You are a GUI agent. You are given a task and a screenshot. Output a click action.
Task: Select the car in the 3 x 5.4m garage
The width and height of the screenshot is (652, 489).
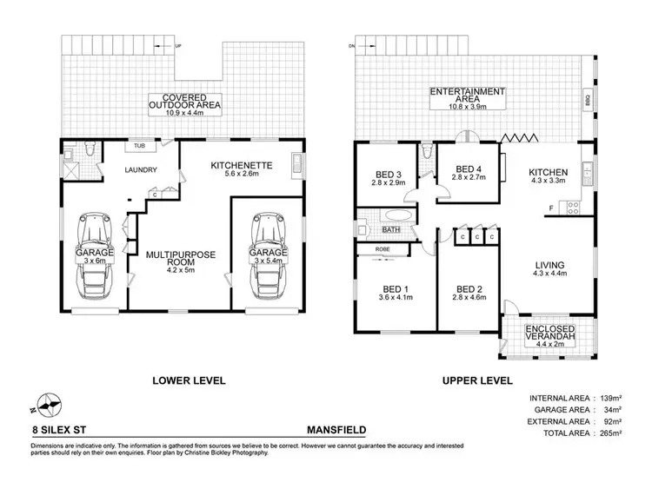266,254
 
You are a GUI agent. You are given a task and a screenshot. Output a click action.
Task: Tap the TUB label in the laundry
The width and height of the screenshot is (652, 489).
139,146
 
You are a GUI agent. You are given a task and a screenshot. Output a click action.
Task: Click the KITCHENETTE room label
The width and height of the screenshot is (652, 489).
243,164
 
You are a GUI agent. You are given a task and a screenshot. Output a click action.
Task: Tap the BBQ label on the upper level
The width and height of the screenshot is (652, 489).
588,102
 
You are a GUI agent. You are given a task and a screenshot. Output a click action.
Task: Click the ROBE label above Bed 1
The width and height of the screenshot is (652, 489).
383,249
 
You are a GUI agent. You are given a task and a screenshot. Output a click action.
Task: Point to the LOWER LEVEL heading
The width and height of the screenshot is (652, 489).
189,380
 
